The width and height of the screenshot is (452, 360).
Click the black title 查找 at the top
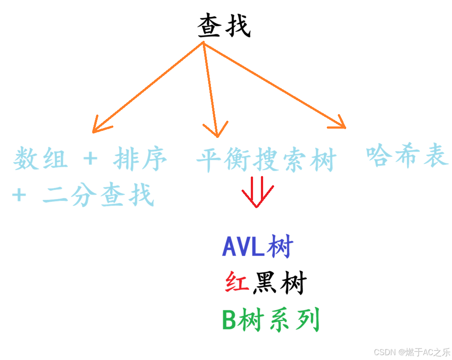tap(224, 26)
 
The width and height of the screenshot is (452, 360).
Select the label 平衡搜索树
tap(266, 160)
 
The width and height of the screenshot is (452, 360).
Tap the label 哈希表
tap(407, 155)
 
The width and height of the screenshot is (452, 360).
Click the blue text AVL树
tap(257, 247)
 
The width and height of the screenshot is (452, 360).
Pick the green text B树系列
tap(271, 320)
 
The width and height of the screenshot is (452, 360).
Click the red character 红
tap(237, 283)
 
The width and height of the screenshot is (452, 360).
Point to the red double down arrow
tap(258, 191)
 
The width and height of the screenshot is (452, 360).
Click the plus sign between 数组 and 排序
tap(90, 158)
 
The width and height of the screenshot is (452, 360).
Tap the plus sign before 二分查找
tap(19, 195)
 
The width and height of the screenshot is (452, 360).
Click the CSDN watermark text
tap(412, 352)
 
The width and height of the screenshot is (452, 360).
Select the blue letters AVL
tap(244, 247)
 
